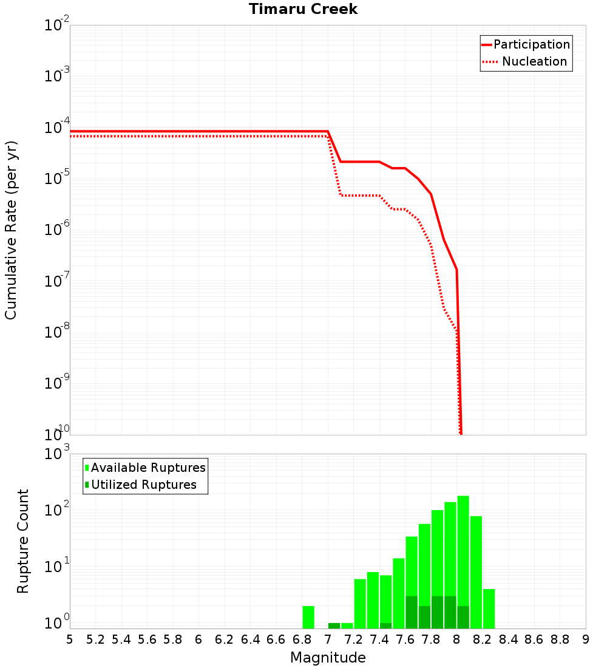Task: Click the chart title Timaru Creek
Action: click(303, 10)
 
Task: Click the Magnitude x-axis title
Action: click(328, 658)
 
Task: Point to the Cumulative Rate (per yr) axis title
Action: click(11, 230)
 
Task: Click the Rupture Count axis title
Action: click(23, 540)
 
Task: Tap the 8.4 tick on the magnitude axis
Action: click(508, 639)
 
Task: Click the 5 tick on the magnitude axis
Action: click(70, 639)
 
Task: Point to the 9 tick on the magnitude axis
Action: click(585, 639)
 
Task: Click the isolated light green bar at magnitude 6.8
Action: click(308, 617)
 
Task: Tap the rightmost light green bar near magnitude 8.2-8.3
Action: click(489, 608)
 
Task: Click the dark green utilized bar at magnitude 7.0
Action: click(334, 625)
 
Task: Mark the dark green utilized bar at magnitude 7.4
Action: click(385, 625)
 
